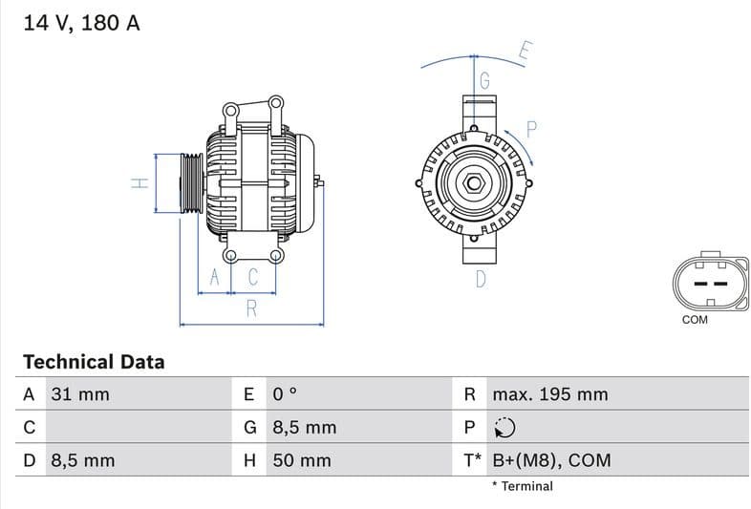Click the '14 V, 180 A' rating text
pos(81,23)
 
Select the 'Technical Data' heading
pos(94,362)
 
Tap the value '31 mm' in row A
pos(79,394)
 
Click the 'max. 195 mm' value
pos(549,394)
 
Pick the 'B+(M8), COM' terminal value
pos(550,460)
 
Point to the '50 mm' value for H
pos(302,460)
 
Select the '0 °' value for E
pos(286,394)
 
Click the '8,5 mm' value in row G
pos(304,428)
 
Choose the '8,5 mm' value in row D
pos(82,460)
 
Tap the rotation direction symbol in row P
pos(504,428)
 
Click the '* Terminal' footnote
pos(523,486)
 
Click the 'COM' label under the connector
pos(695,320)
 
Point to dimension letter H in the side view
pos(139,182)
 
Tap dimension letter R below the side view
pos(251,308)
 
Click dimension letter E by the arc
pos(526,52)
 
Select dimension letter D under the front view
pos(481,279)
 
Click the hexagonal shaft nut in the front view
pos(475,182)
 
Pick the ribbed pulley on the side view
pos(191,182)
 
